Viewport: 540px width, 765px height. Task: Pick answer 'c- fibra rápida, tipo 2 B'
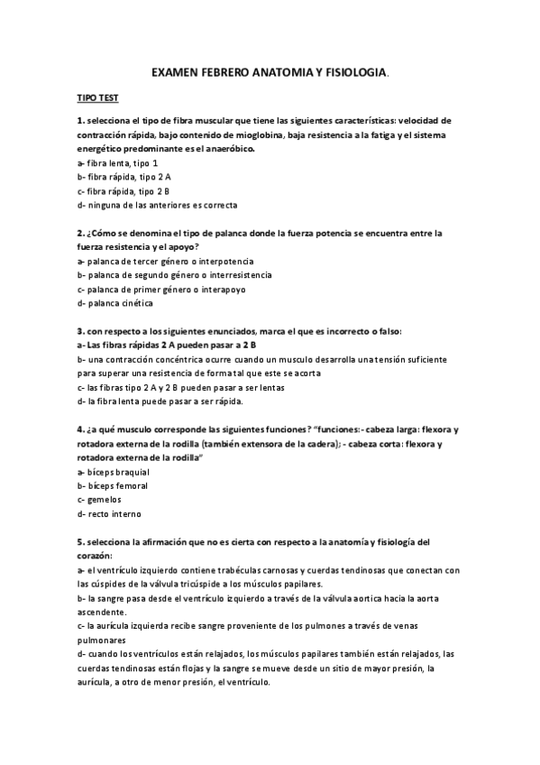coord(124,190)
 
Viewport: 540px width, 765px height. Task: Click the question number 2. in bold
coord(81,233)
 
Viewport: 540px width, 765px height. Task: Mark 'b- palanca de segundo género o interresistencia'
coord(175,274)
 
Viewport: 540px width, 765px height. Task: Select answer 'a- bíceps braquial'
coord(114,471)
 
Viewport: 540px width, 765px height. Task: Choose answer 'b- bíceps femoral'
coord(113,485)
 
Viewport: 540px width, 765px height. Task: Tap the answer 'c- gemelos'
coord(99,499)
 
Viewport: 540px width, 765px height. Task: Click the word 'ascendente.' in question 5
coord(103,612)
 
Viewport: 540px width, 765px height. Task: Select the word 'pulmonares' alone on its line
coord(104,640)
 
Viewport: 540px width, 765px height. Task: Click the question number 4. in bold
coord(81,429)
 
